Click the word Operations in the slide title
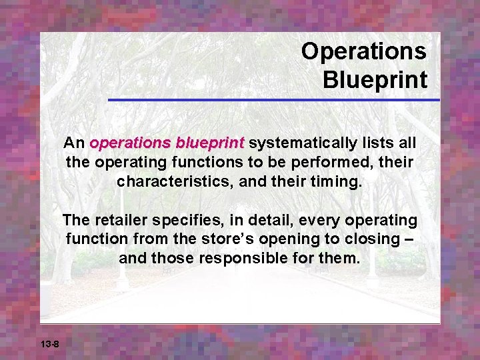pos(363,51)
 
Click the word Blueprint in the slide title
pos(375,79)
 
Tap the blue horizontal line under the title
pos(273,100)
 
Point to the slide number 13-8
pos(49,344)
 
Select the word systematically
pos(303,143)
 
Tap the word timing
pos(336,181)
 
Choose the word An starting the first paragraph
pos(73,143)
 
